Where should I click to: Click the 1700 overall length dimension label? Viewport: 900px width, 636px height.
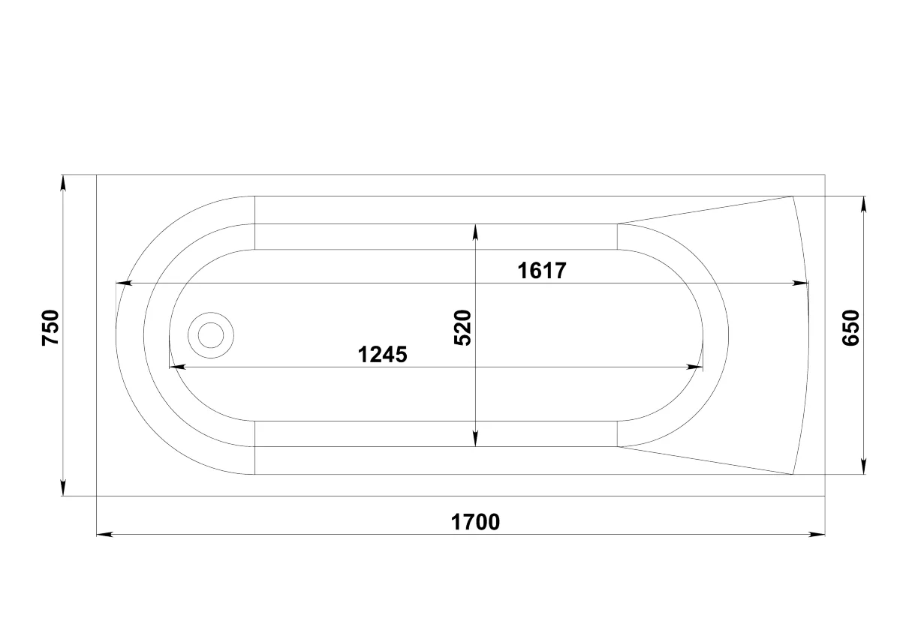pos(475,522)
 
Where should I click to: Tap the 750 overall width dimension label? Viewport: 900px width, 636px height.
pos(51,328)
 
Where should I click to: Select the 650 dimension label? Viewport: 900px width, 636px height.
pos(850,328)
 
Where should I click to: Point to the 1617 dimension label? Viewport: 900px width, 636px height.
pos(542,270)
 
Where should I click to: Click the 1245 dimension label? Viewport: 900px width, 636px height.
pos(382,355)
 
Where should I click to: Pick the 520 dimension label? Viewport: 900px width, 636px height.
pos(462,328)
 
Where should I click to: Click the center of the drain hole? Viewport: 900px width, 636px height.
pos(211,335)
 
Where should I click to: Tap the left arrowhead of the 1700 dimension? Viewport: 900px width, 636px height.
pos(104,535)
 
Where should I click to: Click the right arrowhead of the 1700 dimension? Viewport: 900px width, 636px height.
pos(817,535)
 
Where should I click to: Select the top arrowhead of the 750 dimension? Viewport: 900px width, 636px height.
pos(63,183)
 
